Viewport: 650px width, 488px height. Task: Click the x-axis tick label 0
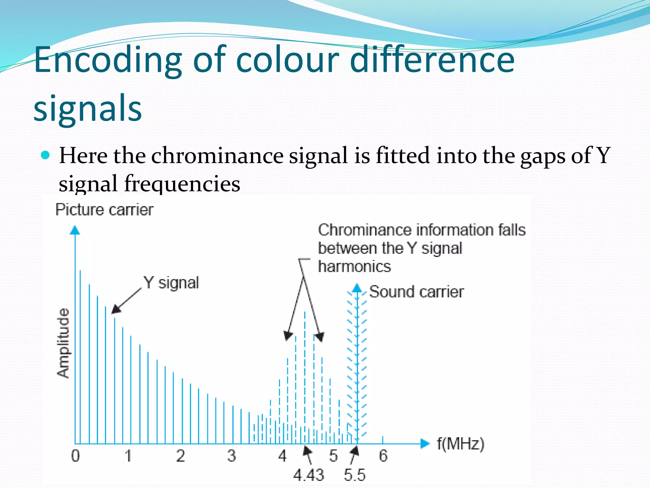(x=76, y=456)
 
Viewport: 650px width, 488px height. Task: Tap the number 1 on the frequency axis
(x=128, y=456)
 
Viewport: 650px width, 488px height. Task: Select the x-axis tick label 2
(x=181, y=456)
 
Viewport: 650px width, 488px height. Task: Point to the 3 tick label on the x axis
(x=232, y=456)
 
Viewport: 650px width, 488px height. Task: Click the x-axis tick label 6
(x=383, y=456)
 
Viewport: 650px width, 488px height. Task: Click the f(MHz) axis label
(x=461, y=444)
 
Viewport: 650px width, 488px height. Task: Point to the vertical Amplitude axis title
(x=63, y=343)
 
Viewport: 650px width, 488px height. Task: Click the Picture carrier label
(x=104, y=210)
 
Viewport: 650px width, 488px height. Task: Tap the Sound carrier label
(x=416, y=292)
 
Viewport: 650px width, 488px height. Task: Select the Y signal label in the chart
(x=171, y=283)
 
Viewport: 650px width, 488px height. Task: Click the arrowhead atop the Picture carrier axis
(x=75, y=230)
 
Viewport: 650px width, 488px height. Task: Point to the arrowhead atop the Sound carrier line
(x=357, y=288)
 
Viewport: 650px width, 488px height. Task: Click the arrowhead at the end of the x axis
(x=425, y=444)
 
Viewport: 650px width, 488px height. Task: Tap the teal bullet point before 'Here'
(x=46, y=155)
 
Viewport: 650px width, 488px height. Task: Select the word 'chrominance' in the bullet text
(x=217, y=156)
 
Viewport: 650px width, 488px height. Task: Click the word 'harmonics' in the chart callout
(x=355, y=266)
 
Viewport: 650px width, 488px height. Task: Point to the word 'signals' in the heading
(x=88, y=108)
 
